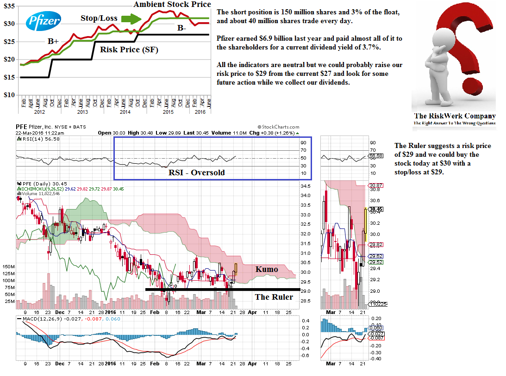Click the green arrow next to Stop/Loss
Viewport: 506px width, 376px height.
(x=131, y=19)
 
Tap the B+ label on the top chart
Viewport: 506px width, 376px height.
(x=53, y=41)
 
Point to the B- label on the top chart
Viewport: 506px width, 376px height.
(x=181, y=28)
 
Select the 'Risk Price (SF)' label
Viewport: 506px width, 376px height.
(x=129, y=49)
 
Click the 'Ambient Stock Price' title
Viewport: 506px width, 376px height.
(x=172, y=5)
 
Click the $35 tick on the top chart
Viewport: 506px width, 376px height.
(x=8, y=6)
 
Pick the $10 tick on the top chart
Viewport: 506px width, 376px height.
(x=8, y=95)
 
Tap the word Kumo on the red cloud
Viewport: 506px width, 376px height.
(x=267, y=269)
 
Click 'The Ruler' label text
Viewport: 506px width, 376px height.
(x=274, y=297)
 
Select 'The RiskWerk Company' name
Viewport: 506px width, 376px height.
(x=454, y=116)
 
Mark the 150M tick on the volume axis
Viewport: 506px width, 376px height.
(x=8, y=267)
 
